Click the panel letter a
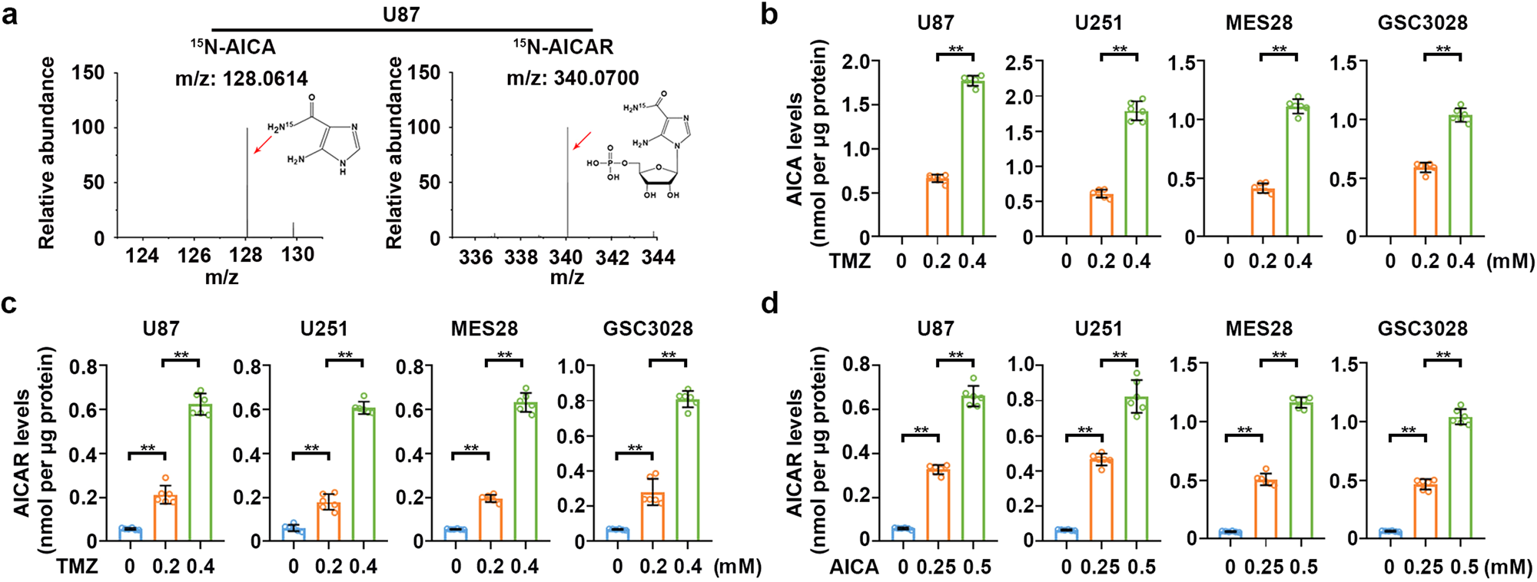[10, 14]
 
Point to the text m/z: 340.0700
[573, 78]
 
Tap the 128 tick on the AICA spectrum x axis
[246, 255]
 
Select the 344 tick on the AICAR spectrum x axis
[658, 257]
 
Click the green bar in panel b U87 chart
[972, 157]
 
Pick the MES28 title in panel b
[1259, 23]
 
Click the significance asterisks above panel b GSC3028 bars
[1443, 50]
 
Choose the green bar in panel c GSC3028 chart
[688, 470]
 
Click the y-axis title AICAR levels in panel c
[22, 453]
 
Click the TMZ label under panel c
[77, 567]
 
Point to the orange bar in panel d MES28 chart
[1265, 509]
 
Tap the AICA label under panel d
[854, 567]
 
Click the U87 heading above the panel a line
[400, 14]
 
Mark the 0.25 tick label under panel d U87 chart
[937, 567]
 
